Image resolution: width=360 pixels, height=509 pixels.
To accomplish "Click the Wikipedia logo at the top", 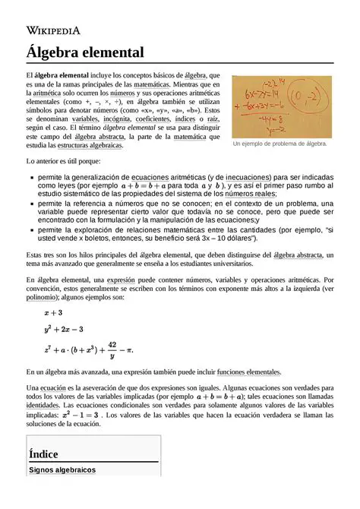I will pyautogui.click(x=53, y=30).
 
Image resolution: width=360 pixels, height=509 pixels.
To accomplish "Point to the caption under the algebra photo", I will pyautogui.click(x=279, y=144).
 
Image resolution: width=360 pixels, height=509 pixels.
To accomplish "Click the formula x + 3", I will pyautogui.click(x=53, y=313).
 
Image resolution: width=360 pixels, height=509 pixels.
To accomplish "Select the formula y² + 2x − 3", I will pyautogui.click(x=64, y=330).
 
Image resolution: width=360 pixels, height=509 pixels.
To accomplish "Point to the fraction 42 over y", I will pyautogui.click(x=111, y=349).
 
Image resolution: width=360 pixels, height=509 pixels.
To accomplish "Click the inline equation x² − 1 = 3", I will pyautogui.click(x=79, y=416).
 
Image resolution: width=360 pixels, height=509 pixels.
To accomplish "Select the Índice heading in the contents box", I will pyautogui.click(x=44, y=454).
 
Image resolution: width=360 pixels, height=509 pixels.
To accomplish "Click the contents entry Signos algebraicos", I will pyautogui.click(x=62, y=470).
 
